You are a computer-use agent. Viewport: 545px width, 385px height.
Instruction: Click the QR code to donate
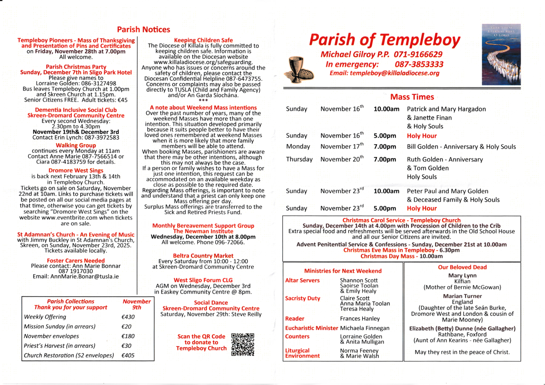[243, 345]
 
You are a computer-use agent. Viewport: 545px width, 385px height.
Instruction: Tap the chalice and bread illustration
[299, 70]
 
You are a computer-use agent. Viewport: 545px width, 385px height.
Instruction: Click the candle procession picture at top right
[501, 54]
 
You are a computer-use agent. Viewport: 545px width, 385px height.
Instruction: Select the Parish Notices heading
[144, 30]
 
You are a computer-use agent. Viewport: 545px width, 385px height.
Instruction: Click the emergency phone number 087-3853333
[419, 64]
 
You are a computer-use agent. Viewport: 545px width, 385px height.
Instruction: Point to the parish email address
[394, 73]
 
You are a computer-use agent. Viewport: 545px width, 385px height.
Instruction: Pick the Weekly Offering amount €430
[128, 317]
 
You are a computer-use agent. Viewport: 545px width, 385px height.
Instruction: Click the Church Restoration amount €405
[128, 355]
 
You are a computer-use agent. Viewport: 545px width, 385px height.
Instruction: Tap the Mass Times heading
[412, 97]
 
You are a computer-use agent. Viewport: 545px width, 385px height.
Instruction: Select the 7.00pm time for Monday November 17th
[385, 147]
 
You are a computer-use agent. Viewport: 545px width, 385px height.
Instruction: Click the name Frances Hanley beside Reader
[360, 318]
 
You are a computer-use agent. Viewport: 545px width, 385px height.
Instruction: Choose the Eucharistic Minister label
[311, 328]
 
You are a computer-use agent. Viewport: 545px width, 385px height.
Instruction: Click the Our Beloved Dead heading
[462, 267]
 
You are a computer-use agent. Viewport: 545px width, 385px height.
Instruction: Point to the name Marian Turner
[462, 296]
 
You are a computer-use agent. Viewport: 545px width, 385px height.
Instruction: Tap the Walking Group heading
[76, 145]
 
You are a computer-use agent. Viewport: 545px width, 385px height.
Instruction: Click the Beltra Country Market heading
[203, 255]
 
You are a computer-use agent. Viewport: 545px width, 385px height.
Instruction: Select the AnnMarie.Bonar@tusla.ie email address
[84, 276]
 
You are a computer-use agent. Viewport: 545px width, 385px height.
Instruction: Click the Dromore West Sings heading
[76, 170]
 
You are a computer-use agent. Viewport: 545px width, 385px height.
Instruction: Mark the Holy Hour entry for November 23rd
[422, 208]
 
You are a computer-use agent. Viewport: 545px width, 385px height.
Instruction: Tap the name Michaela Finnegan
[364, 328]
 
